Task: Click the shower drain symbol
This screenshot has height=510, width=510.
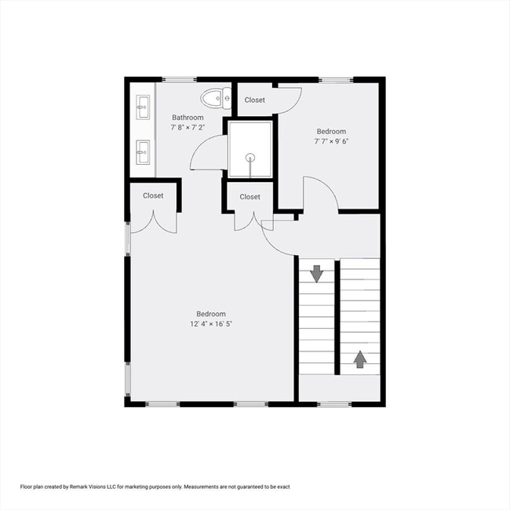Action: click(x=250, y=157)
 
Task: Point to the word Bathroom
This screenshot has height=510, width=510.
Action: click(x=188, y=118)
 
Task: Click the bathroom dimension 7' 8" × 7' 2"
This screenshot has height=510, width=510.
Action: click(x=188, y=127)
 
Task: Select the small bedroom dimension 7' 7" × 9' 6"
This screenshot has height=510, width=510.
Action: click(x=331, y=142)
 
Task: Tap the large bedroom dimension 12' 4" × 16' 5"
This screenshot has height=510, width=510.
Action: click(x=211, y=323)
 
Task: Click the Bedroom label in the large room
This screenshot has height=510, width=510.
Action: click(x=211, y=313)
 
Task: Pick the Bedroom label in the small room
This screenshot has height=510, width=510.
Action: click(x=331, y=132)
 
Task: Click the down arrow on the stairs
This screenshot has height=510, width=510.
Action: click(x=316, y=274)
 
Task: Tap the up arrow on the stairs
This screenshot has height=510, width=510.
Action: click(x=360, y=359)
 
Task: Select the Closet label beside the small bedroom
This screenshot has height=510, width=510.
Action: click(x=255, y=100)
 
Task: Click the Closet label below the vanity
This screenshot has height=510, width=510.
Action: click(x=153, y=195)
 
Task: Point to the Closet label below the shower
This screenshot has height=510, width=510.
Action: click(x=250, y=197)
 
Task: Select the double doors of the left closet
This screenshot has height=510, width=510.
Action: click(x=153, y=223)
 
